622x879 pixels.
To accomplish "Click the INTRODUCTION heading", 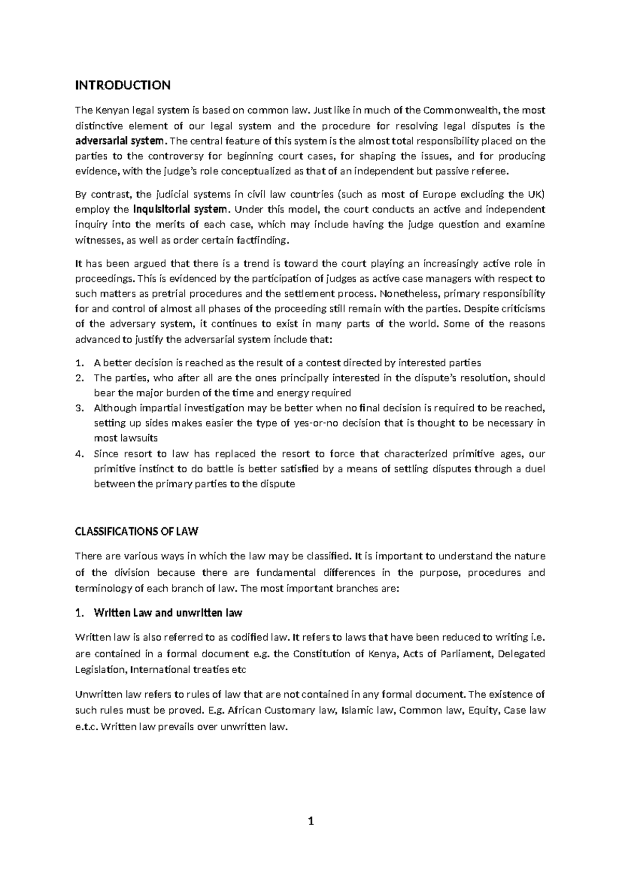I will tap(123, 84).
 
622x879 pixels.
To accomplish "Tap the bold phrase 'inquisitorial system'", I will tap(180, 209).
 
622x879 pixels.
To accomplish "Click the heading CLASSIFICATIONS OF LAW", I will tap(137, 531).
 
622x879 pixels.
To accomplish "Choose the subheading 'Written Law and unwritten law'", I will tap(167, 613).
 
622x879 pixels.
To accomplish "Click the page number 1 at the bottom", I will tap(311, 821).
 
